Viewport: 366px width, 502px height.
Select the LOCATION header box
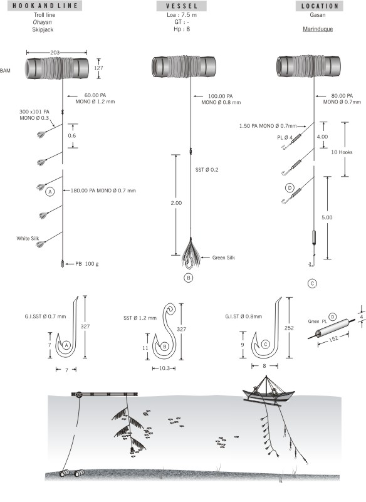click(x=318, y=6)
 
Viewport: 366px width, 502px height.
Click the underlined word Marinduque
click(x=318, y=29)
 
